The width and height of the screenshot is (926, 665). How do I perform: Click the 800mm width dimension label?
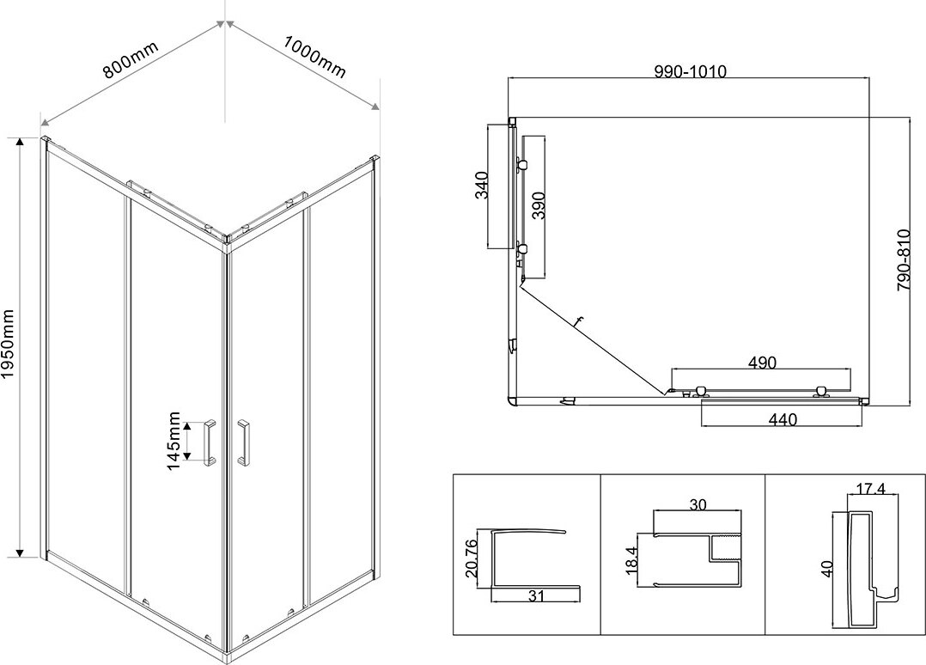pos(131,59)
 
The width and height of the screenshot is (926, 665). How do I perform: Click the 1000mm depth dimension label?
pos(314,56)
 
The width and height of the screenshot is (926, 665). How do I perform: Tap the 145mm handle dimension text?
pos(174,441)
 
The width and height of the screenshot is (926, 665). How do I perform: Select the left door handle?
pos(210,442)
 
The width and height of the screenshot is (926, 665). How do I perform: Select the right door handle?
pos(244,442)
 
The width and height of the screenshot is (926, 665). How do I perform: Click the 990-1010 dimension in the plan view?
pos(691,71)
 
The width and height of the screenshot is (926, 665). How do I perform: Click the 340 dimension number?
pos(482,185)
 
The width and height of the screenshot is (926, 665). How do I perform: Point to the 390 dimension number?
pos(538,206)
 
